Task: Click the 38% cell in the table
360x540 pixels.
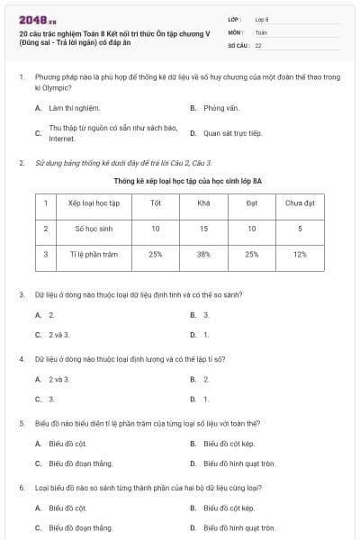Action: click(x=203, y=255)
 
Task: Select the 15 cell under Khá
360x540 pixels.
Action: click(x=203, y=229)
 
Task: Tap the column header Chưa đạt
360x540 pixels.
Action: click(x=300, y=202)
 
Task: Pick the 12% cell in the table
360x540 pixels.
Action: click(x=300, y=255)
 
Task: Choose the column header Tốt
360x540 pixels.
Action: click(x=156, y=202)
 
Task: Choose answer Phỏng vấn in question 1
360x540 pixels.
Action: click(x=221, y=108)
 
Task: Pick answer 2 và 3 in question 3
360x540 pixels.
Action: click(x=58, y=335)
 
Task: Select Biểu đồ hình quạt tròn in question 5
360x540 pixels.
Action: click(x=239, y=463)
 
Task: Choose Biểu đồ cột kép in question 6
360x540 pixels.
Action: click(x=229, y=508)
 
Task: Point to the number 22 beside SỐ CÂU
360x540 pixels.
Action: click(x=258, y=44)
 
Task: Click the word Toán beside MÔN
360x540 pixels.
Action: click(x=261, y=31)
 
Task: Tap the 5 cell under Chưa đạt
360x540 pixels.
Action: click(x=300, y=229)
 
